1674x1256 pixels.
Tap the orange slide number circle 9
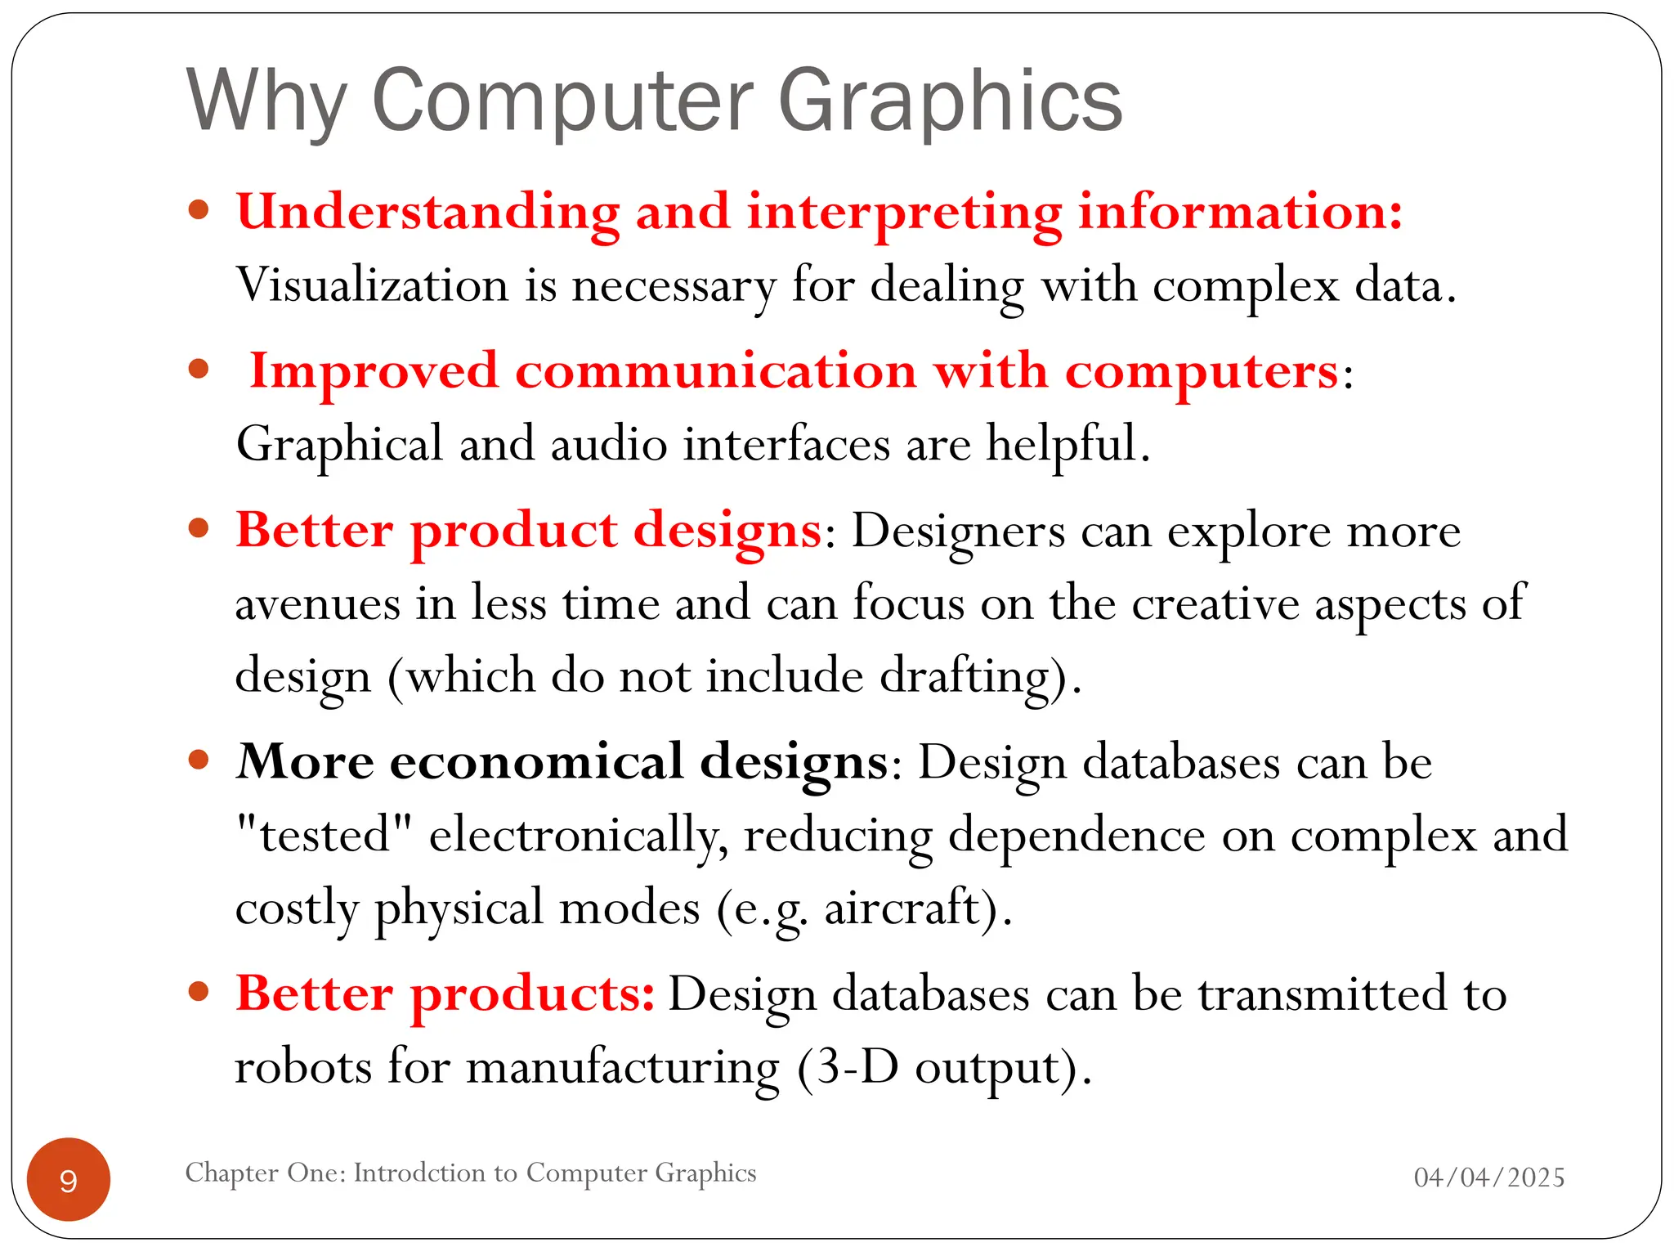(x=69, y=1180)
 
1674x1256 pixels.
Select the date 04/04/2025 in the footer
(x=1488, y=1177)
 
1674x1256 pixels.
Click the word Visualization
(x=372, y=285)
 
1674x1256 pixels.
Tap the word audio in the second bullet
(x=608, y=444)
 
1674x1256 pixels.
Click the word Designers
(x=958, y=532)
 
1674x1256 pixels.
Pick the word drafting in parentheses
(x=964, y=677)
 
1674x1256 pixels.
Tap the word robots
(x=303, y=1067)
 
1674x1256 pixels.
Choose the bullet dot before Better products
(x=199, y=992)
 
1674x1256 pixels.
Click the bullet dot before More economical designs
(x=199, y=760)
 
